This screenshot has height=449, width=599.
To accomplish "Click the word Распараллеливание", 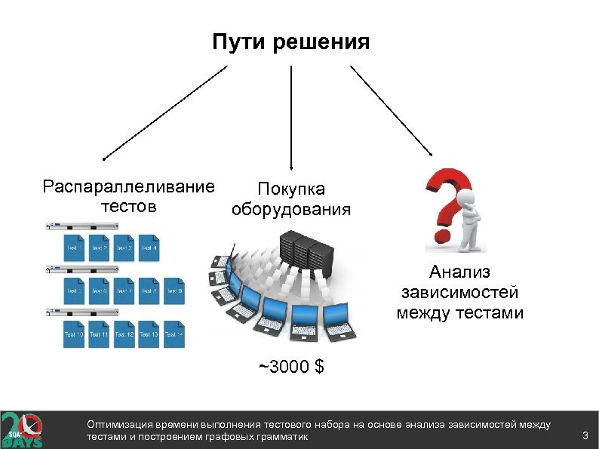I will pos(128,186).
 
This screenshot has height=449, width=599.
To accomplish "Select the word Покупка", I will pos(291,189).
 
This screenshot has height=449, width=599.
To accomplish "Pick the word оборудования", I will pos(291,209).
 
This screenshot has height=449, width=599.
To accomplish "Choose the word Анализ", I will pos(459,272).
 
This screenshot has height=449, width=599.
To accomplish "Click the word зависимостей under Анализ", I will pos(459,292).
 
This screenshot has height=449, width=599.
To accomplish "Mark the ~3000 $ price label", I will pos(291,368).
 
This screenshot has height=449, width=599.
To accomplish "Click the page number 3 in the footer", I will pos(585,435).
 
